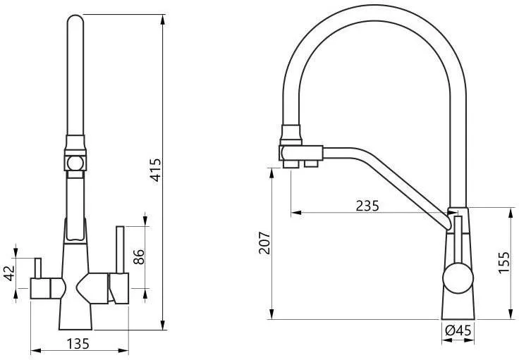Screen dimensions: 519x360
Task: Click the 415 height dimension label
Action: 156,170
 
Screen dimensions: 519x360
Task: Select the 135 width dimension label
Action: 78,344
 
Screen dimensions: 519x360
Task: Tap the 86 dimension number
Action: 139,257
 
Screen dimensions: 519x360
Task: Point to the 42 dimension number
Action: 10,273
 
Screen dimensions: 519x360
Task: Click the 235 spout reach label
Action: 367,206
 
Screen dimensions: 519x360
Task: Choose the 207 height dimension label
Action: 264,242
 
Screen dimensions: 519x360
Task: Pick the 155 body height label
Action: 504,262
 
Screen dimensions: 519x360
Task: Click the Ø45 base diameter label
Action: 458,330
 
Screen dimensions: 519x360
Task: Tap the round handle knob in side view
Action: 458,278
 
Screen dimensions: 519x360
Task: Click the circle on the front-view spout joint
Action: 75,163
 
